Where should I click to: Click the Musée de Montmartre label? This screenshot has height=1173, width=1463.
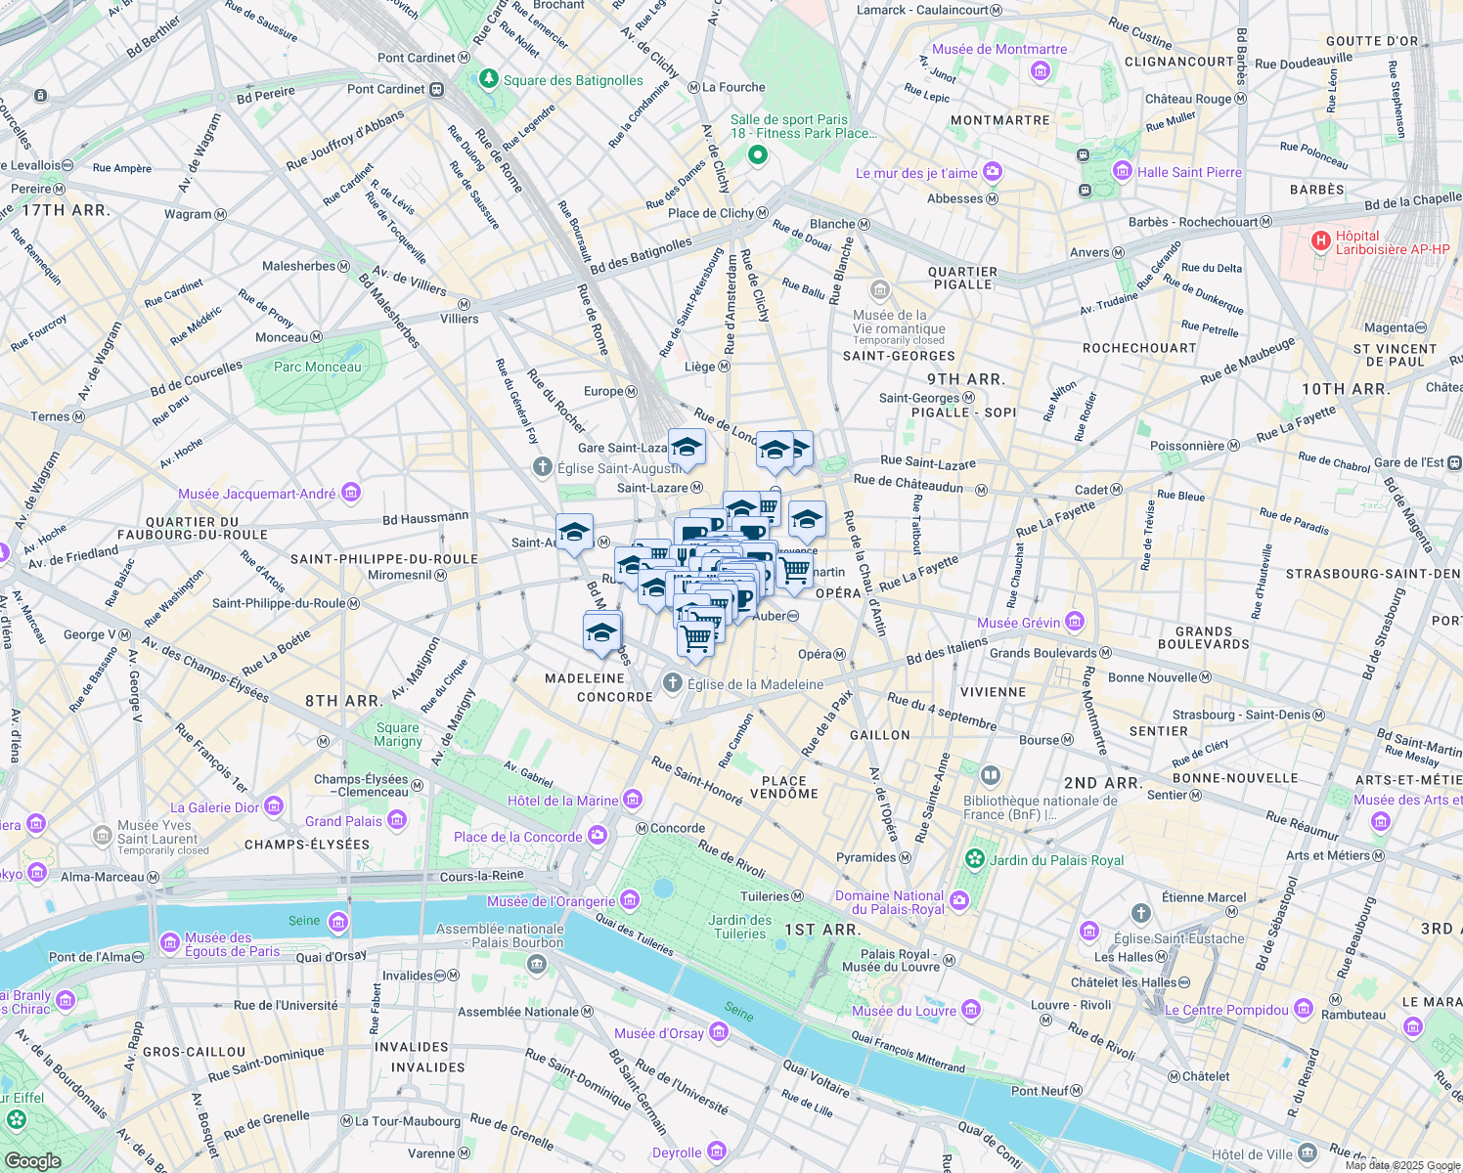tap(998, 50)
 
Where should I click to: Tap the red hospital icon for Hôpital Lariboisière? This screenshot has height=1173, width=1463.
tap(1320, 240)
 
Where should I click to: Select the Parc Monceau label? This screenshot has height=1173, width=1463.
tap(317, 368)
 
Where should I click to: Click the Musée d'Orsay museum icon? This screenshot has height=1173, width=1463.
tap(719, 1032)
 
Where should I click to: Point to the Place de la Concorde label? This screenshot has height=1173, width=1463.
tap(517, 837)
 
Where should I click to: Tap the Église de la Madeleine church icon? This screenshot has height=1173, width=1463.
tap(672, 683)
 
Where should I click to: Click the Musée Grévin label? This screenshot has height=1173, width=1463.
tap(1018, 623)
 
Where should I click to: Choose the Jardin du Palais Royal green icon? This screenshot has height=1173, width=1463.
tap(974, 859)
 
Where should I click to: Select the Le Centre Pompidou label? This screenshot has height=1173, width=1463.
tap(1226, 1010)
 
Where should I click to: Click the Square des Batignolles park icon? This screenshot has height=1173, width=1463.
tap(489, 79)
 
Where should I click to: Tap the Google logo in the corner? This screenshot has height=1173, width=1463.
tap(32, 1160)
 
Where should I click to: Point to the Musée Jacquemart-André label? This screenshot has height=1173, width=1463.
tap(256, 494)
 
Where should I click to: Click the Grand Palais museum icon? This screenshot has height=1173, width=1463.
tap(397, 820)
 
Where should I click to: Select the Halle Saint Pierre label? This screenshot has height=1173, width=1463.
tap(1188, 172)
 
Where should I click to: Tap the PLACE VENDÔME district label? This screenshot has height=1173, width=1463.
tap(783, 787)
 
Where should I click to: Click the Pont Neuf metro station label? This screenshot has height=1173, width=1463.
tap(1039, 1091)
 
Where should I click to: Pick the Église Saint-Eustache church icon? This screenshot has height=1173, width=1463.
tap(1140, 913)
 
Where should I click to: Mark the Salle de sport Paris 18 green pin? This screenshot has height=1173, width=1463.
tap(757, 154)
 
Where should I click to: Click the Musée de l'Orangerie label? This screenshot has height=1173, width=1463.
tap(551, 901)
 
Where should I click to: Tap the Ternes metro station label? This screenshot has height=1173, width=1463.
tap(50, 416)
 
